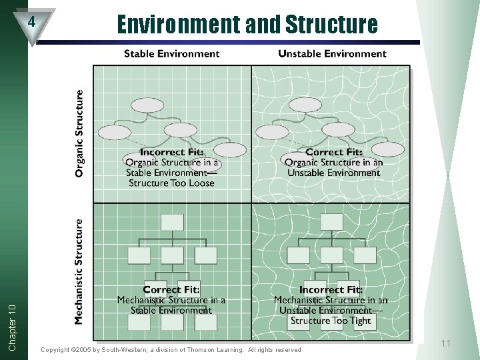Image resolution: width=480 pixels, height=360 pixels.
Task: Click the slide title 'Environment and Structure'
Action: click(x=247, y=25)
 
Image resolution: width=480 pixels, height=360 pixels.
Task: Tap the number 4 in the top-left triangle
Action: click(x=31, y=21)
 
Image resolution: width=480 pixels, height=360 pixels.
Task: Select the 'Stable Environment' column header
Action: click(x=171, y=53)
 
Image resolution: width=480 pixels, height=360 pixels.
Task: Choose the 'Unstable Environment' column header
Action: click(x=331, y=53)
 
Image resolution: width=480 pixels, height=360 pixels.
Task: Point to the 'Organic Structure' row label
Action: click(x=80, y=133)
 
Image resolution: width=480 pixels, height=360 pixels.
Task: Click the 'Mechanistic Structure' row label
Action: click(x=80, y=272)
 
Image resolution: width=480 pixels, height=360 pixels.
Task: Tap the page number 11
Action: click(x=446, y=343)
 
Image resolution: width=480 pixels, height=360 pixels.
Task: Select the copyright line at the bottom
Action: click(x=171, y=349)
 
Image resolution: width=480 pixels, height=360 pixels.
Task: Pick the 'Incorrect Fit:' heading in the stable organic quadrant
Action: click(x=172, y=153)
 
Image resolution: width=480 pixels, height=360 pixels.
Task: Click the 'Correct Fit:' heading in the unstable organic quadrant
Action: click(x=333, y=153)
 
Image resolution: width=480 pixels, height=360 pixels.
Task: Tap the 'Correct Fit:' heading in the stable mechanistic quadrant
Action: click(x=171, y=289)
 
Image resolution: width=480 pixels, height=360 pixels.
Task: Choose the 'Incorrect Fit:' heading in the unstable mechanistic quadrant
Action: click(x=331, y=289)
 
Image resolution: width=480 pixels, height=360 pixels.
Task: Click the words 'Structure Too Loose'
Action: click(x=171, y=183)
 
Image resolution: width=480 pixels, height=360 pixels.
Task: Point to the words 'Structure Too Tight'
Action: click(x=331, y=321)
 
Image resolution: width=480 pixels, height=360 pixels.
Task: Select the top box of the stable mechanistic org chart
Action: click(x=173, y=222)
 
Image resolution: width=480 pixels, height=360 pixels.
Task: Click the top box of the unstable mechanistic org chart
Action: click(x=331, y=222)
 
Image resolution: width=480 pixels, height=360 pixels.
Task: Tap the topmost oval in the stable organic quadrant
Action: click(x=147, y=105)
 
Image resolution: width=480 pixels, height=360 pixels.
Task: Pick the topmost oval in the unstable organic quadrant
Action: click(x=305, y=105)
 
